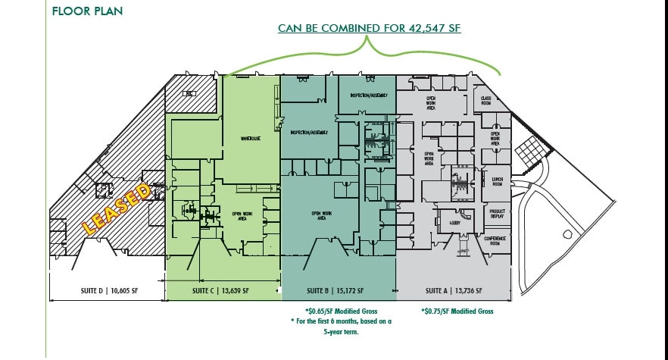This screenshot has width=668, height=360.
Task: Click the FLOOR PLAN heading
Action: (x=87, y=11)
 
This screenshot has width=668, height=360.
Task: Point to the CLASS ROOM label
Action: (x=487, y=100)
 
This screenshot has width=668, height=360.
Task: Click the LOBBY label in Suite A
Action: (x=455, y=223)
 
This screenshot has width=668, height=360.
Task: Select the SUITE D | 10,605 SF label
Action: (x=107, y=290)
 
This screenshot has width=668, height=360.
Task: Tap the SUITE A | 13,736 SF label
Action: (x=453, y=290)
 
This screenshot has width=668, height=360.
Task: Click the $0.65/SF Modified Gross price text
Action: (x=341, y=311)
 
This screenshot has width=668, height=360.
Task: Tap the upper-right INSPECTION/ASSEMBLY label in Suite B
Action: (x=368, y=95)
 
